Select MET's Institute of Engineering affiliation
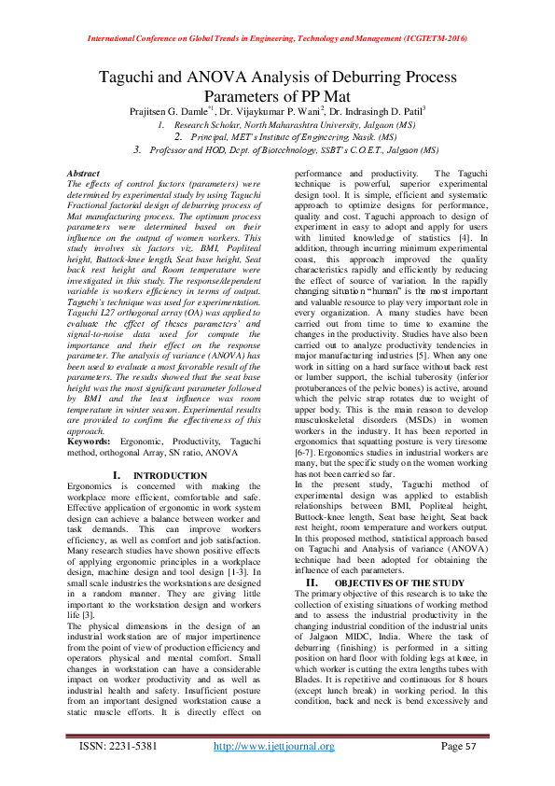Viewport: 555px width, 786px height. pyautogui.click(x=279, y=136)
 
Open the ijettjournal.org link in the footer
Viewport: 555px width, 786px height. pyautogui.click(x=274, y=746)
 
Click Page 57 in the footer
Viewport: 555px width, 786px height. pyautogui.click(x=458, y=746)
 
